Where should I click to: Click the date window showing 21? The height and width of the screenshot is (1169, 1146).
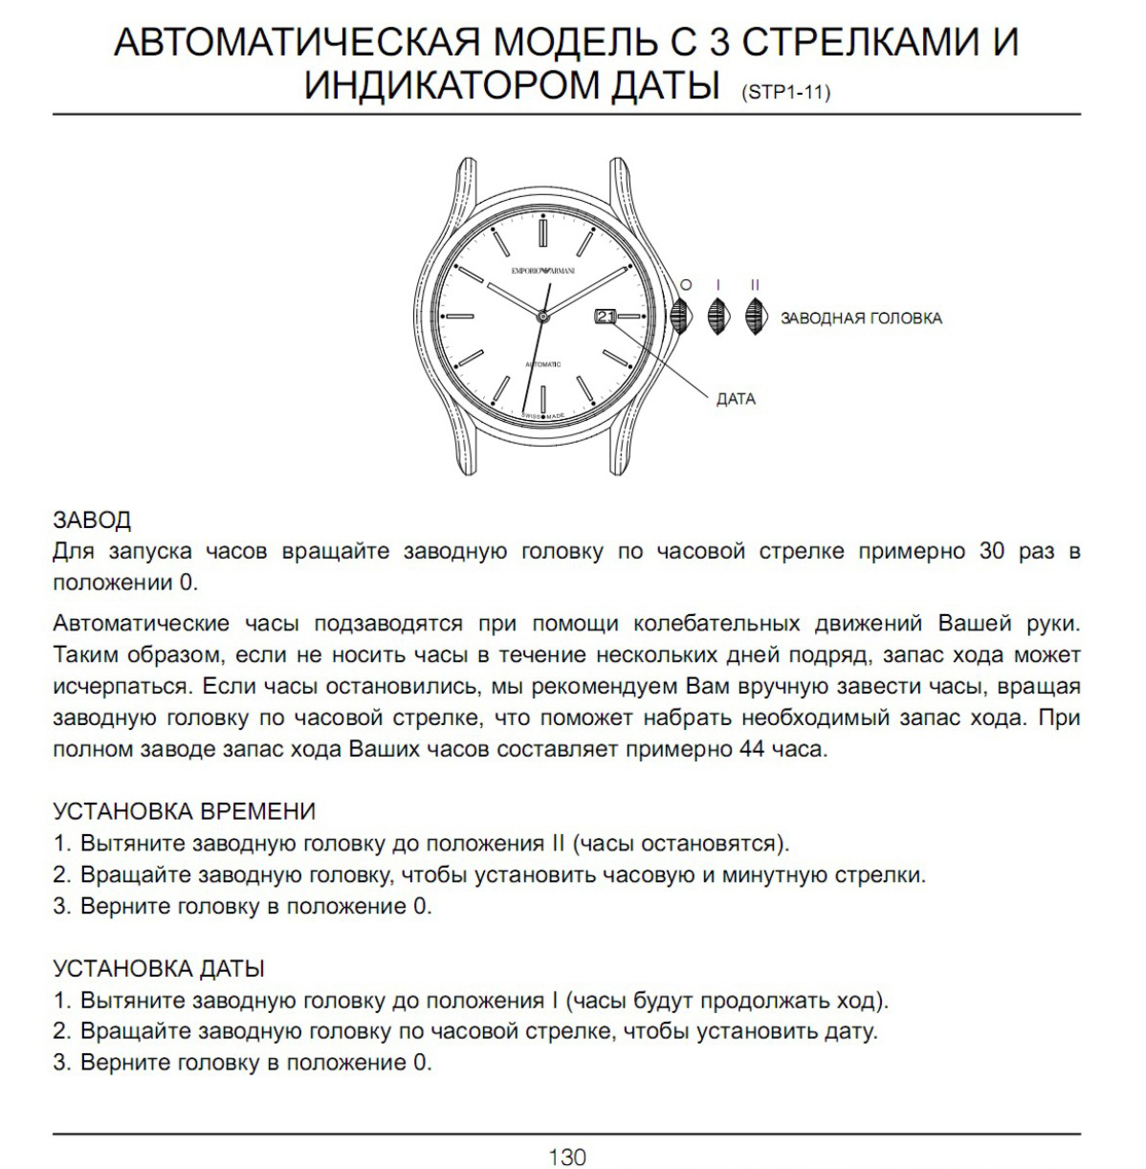coord(606,317)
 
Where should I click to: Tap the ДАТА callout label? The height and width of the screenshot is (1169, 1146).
coord(736,399)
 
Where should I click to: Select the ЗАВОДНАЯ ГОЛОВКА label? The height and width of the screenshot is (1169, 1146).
coord(861,319)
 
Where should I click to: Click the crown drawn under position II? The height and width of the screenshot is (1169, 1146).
coord(755,316)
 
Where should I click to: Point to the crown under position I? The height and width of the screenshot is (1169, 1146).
coord(716,316)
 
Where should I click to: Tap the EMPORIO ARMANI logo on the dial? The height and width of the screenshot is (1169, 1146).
coord(543,272)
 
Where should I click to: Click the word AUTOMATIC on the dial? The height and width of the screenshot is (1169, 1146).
coord(543,364)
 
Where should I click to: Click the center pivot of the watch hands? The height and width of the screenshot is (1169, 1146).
coord(542,316)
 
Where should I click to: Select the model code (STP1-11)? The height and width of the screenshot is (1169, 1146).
coord(785,93)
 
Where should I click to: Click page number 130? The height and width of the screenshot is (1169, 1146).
coord(566,1158)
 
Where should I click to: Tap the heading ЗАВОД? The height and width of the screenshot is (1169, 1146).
coord(92,519)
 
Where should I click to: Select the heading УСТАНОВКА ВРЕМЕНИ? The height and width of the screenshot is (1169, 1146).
coord(184,811)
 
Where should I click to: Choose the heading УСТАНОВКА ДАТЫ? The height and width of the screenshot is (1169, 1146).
coord(159,968)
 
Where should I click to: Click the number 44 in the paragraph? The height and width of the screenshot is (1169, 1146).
coord(751,749)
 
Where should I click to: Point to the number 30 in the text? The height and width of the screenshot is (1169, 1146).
coord(992,552)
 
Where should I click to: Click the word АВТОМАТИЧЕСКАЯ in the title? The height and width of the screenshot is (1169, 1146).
coord(296,43)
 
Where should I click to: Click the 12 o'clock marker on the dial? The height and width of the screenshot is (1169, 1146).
coord(542,232)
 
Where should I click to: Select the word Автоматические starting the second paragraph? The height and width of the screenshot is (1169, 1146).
coord(142,624)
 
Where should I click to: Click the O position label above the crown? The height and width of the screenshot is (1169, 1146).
coord(685,285)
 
